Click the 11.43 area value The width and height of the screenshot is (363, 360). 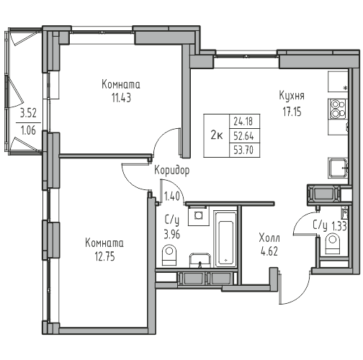[x=121, y=98]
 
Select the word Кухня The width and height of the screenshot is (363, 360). [x=292, y=96]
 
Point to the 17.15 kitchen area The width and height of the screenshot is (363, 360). [x=292, y=112]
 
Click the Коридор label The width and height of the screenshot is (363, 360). [x=172, y=171]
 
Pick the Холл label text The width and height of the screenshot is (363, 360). [x=269, y=238]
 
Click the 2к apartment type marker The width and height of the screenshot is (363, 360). [x=217, y=136]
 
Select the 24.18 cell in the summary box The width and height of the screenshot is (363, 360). [x=243, y=122]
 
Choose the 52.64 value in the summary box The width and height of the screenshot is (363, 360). [x=243, y=136]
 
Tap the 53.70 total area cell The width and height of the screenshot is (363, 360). [x=243, y=150]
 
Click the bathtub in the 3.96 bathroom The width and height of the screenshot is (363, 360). [x=225, y=239]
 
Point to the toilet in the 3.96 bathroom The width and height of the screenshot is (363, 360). [x=169, y=255]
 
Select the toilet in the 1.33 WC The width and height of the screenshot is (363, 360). [x=333, y=244]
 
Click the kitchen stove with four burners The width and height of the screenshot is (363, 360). [x=337, y=109]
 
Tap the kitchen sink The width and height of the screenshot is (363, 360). [x=338, y=168]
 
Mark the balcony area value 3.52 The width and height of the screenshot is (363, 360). [x=28, y=113]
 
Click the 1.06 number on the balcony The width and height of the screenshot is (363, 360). [x=28, y=130]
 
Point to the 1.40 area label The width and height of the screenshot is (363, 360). [x=172, y=197]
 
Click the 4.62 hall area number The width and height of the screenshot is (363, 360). [x=269, y=251]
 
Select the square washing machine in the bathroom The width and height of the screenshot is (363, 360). [x=198, y=215]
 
